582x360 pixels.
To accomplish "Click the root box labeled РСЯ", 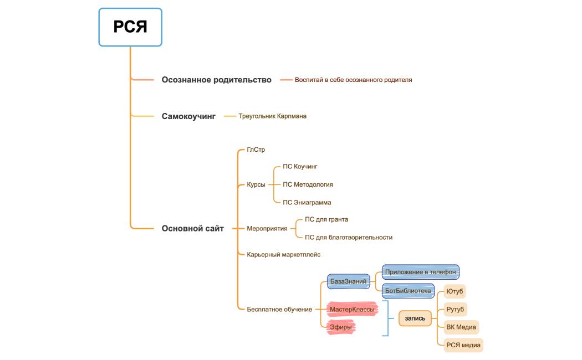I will point(130,27).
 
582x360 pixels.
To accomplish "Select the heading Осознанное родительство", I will point(216,80).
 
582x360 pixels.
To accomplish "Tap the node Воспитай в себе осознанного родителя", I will point(353,80).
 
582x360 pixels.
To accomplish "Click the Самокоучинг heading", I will point(188,116).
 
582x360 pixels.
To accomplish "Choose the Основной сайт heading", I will point(192,228).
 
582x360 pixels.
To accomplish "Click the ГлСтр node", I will point(256,150).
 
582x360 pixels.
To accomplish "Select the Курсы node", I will point(256,184).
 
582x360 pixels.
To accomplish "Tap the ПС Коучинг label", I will point(300,166).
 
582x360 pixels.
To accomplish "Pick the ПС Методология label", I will point(308,184).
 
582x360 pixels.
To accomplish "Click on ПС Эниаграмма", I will point(307,203).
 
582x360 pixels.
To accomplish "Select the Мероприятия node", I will point(267,228).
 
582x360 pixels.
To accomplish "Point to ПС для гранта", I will point(326,219).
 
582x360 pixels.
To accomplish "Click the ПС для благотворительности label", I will point(348,238).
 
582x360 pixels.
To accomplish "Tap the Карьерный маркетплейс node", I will point(283,254).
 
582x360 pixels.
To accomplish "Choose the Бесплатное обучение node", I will point(279,309).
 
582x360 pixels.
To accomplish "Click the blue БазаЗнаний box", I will point(348,281).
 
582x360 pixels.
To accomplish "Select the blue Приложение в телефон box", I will point(420,272).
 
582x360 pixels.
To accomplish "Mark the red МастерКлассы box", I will point(351,309).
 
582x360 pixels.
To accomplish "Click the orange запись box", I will point(415,318).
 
